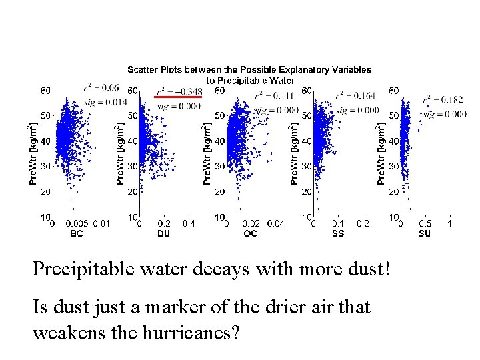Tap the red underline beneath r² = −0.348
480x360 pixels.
click(178, 97)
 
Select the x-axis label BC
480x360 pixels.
click(77, 233)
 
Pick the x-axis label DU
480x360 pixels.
click(163, 233)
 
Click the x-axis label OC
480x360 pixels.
click(251, 233)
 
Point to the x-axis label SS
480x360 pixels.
click(338, 233)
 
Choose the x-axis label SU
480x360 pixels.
click(425, 233)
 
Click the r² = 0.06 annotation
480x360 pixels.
click(101, 87)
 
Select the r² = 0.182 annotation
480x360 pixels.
click(443, 100)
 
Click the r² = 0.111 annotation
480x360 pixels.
click(274, 95)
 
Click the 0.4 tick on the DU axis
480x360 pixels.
click(189, 223)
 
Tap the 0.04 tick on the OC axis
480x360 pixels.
click(275, 223)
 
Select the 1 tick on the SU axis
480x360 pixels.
click(449, 223)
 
